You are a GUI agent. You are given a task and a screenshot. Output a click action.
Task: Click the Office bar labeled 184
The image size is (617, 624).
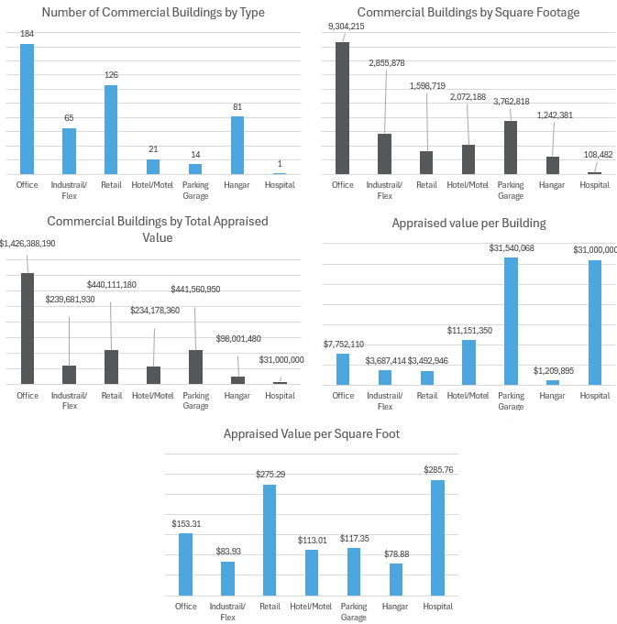point(28,109)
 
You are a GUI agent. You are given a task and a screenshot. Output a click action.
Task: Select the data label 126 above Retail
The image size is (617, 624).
point(111,75)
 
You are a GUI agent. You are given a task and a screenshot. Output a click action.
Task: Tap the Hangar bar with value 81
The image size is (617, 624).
point(237,145)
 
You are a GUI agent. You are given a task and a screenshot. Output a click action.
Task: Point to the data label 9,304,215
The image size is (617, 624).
point(347,27)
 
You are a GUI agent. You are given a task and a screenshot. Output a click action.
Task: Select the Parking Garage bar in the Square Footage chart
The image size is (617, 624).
point(511,148)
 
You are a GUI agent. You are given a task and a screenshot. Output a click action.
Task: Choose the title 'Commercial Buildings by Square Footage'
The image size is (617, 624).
point(468,12)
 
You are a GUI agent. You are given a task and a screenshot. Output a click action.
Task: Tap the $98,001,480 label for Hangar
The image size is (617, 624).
point(238,338)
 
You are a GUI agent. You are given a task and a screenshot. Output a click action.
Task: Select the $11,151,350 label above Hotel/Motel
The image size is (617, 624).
point(468,330)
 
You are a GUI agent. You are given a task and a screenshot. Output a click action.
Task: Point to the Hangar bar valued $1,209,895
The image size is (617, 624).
point(553,382)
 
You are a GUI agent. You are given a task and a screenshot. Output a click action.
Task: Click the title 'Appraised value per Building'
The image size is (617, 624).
point(468,223)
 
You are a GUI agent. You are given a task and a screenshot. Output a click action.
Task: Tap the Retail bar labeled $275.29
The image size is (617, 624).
point(270,540)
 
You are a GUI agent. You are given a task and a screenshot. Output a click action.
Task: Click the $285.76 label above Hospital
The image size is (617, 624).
point(438,469)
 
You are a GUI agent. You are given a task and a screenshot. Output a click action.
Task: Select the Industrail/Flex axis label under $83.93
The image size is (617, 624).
point(227,611)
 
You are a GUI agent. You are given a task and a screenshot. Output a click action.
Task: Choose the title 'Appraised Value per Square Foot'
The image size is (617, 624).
point(312,433)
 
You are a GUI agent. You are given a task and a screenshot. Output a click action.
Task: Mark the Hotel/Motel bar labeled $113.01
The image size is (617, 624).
point(312,573)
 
